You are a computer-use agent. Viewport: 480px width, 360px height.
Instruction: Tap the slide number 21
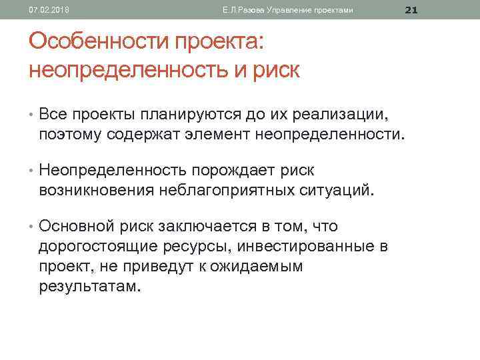[x=411, y=9]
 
